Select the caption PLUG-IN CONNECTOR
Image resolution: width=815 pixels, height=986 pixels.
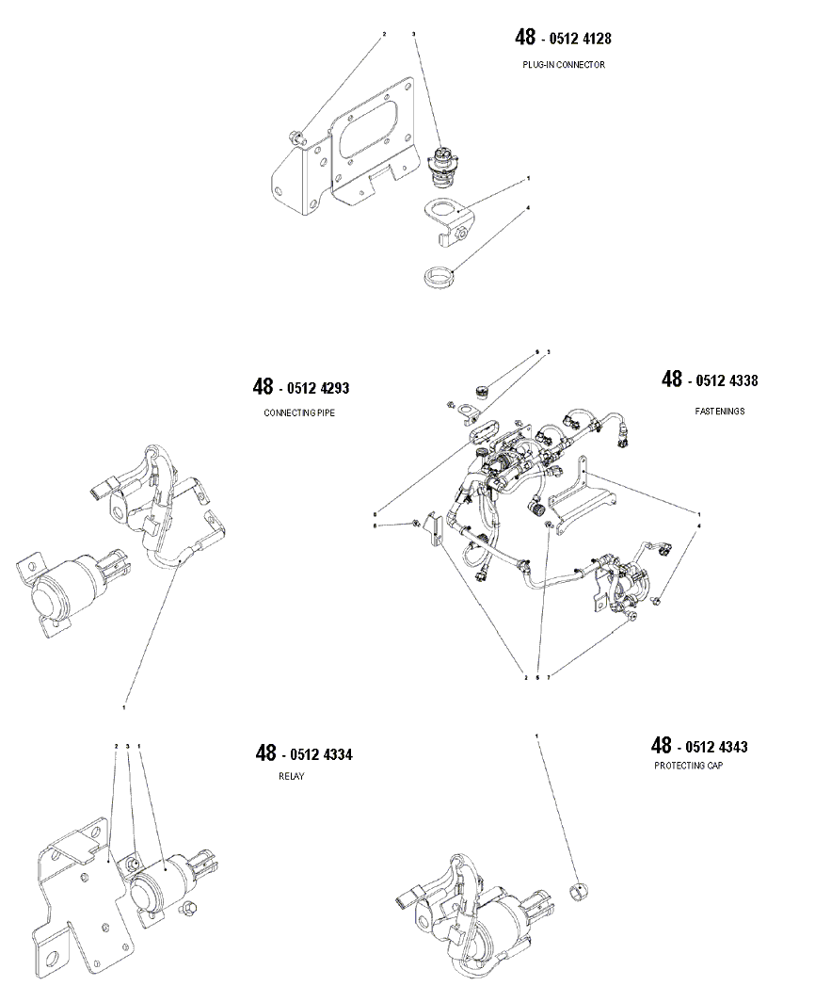tap(564, 65)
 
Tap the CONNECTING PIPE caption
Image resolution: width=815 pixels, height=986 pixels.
tap(299, 412)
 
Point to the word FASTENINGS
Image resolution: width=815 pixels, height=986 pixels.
tap(720, 411)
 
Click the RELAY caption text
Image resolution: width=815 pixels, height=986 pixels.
tap(292, 777)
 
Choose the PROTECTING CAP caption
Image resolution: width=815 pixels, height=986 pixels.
tap(689, 766)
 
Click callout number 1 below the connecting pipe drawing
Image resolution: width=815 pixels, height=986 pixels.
tap(124, 706)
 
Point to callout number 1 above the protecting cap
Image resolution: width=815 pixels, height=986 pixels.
tap(537, 735)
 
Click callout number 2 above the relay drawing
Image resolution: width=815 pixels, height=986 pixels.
tap(116, 746)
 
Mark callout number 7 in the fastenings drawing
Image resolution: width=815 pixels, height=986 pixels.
tap(549, 677)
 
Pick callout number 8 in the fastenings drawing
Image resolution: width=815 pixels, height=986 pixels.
tap(375, 513)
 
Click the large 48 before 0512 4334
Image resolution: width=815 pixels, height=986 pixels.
tap(265, 753)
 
